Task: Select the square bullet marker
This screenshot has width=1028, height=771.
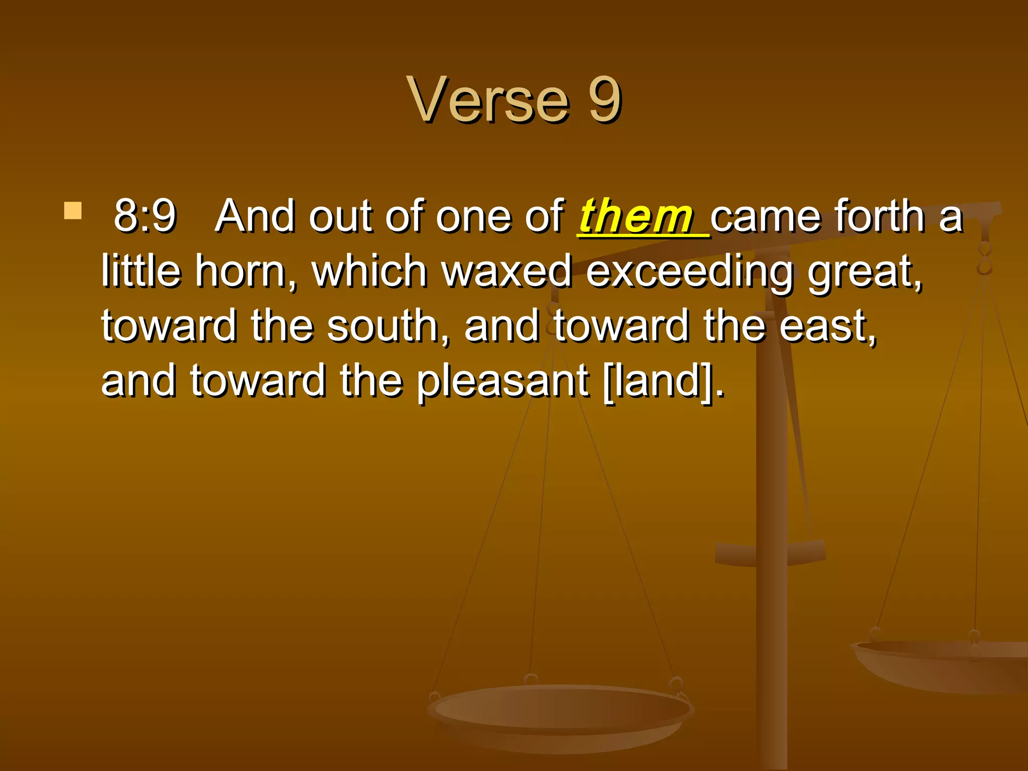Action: click(x=73, y=211)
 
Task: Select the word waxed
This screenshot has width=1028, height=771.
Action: click(x=506, y=272)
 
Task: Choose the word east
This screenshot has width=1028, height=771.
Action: click(x=828, y=326)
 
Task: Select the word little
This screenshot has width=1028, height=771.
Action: click(x=141, y=272)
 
